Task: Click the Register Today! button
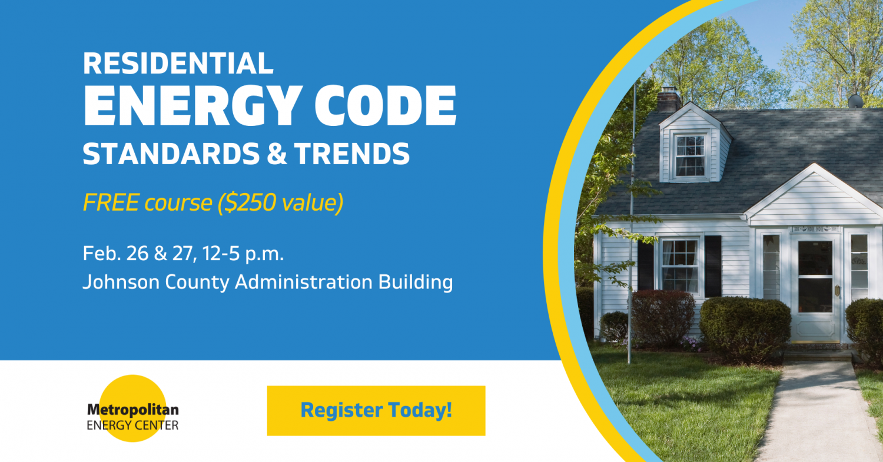(x=376, y=410)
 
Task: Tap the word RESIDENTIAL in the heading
(x=178, y=64)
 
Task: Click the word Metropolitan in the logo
(x=132, y=410)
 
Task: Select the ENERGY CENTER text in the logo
(x=132, y=424)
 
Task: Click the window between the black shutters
(x=679, y=265)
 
